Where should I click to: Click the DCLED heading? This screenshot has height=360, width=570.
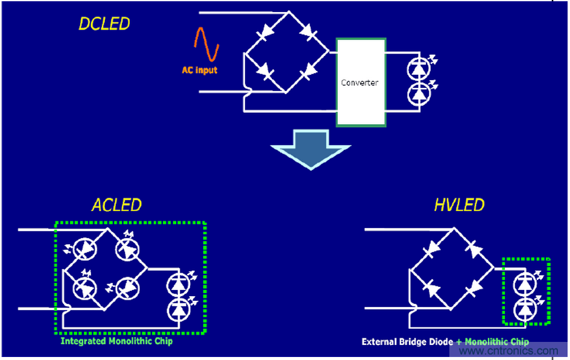point(104,25)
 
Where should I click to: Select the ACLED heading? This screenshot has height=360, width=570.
point(116,205)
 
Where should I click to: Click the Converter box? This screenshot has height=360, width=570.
point(360,83)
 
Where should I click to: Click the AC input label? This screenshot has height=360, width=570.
point(200,71)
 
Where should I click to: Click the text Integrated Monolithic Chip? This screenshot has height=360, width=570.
point(116,341)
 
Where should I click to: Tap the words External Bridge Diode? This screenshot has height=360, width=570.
point(407,342)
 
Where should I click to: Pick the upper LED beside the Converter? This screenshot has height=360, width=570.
point(418,68)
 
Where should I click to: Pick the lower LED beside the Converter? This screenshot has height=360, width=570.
point(418,93)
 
